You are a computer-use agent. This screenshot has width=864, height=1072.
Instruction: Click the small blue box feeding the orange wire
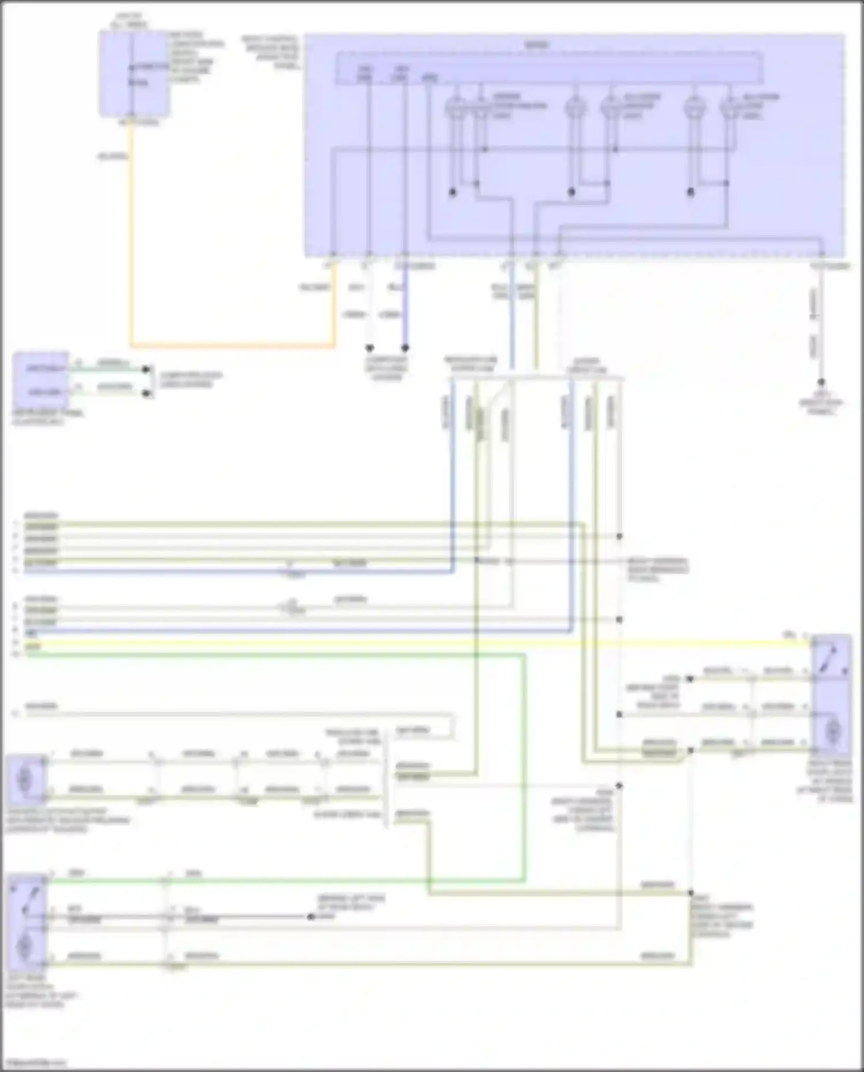coord(134,74)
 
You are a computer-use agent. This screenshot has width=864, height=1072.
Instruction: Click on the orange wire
coord(230,346)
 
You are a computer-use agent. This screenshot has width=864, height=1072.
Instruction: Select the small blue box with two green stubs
coord(40,380)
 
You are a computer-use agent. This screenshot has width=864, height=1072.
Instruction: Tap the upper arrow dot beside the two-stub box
coord(147,369)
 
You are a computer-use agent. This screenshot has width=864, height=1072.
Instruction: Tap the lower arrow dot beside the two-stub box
coord(147,393)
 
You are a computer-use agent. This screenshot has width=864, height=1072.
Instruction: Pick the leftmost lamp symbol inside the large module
coord(455,108)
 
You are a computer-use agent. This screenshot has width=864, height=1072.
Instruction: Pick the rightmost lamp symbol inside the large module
coord(730,108)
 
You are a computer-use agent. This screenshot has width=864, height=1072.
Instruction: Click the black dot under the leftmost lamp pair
coord(453,192)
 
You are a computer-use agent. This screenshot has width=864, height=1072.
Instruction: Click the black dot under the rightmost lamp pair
coord(691,192)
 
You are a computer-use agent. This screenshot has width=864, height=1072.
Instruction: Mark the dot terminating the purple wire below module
coord(405,348)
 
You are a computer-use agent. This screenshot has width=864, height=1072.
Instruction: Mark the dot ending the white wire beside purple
coord(370,348)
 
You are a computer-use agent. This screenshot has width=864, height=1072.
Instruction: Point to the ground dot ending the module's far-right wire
coord(821,382)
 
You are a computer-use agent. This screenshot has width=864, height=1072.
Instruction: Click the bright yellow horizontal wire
coord(403,643)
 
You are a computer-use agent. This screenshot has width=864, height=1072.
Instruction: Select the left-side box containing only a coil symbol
coord(26,779)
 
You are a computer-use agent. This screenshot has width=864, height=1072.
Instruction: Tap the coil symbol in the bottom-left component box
coord(26,945)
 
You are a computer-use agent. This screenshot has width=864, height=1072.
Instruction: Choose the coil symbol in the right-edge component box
coord(832,732)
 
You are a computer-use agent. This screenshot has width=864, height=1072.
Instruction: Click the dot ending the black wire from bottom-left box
coord(311,916)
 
